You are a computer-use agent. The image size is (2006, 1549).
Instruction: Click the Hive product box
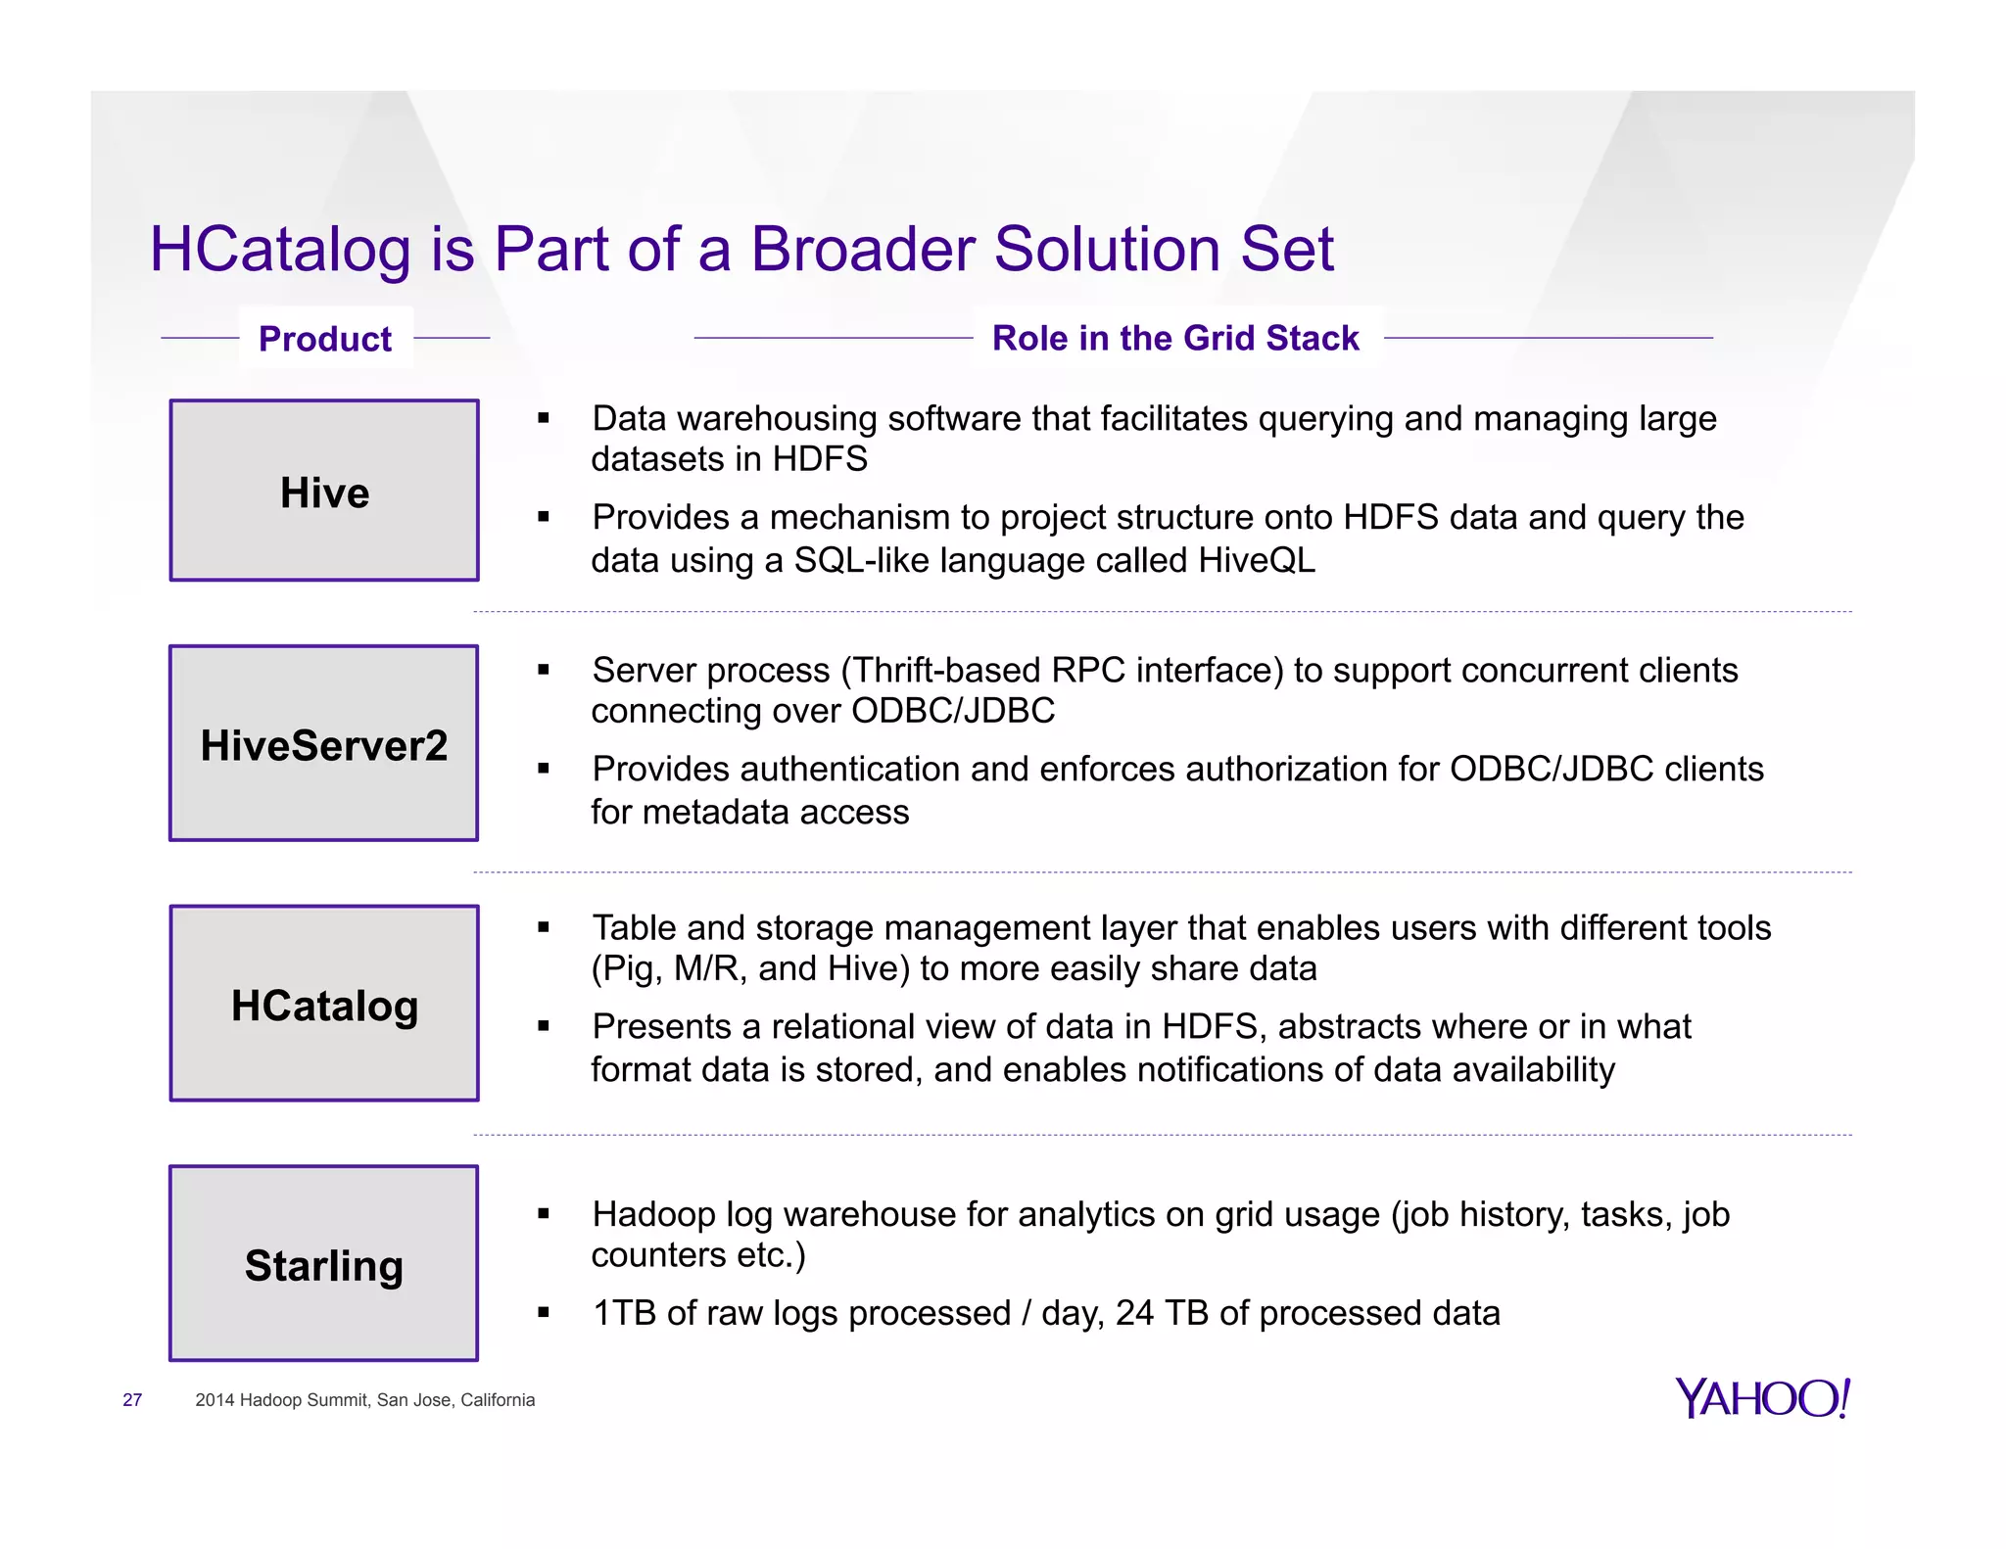[x=324, y=491]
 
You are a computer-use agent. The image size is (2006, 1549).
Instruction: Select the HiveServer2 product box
[x=324, y=743]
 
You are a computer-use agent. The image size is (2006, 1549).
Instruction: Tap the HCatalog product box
[x=324, y=1004]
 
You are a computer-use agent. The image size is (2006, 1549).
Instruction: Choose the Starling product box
[x=324, y=1264]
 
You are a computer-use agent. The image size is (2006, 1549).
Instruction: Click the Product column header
[x=325, y=339]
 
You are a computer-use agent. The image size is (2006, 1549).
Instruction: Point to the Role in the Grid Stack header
[x=1175, y=338]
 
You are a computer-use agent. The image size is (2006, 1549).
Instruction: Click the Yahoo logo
[x=1762, y=1398]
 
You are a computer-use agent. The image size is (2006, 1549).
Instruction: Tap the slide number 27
[x=132, y=1400]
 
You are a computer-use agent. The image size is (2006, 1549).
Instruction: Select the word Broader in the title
[x=864, y=249]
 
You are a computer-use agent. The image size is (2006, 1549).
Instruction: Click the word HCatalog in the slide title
[x=280, y=249]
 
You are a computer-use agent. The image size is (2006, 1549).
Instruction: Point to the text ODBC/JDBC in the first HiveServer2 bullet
[x=952, y=711]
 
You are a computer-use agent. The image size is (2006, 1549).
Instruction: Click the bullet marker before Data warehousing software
[x=544, y=419]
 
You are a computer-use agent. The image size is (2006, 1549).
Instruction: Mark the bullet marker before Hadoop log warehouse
[x=544, y=1215]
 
